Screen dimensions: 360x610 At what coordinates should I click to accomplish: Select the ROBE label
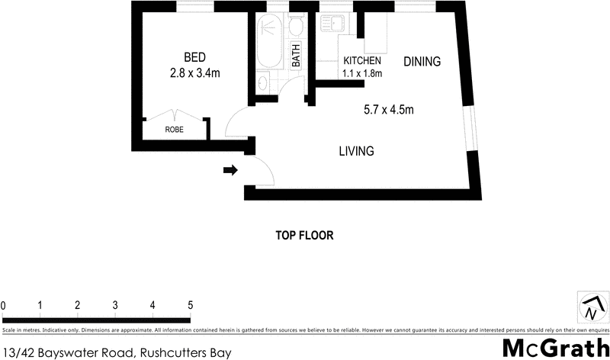[174, 130]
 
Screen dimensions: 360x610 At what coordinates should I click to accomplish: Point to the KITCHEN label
[362, 61]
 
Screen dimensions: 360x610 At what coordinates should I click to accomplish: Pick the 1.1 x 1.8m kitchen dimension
[362, 74]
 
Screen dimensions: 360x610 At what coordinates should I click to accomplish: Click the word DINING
[422, 62]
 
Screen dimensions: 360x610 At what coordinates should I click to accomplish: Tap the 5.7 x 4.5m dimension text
[389, 110]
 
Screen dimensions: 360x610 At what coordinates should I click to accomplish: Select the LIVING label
[356, 151]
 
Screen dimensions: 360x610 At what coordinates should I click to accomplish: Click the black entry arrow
[230, 171]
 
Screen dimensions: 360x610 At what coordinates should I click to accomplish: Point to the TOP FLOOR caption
[305, 236]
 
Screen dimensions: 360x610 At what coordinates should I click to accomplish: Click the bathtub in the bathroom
[268, 46]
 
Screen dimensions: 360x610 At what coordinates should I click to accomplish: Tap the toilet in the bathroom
[296, 28]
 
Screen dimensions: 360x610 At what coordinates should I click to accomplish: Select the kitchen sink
[335, 24]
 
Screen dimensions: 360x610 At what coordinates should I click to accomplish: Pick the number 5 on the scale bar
[190, 306]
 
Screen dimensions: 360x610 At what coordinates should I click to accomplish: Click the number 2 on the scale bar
[78, 306]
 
